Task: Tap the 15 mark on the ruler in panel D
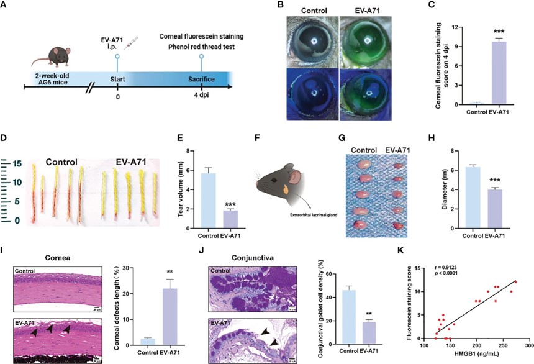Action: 17,164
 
